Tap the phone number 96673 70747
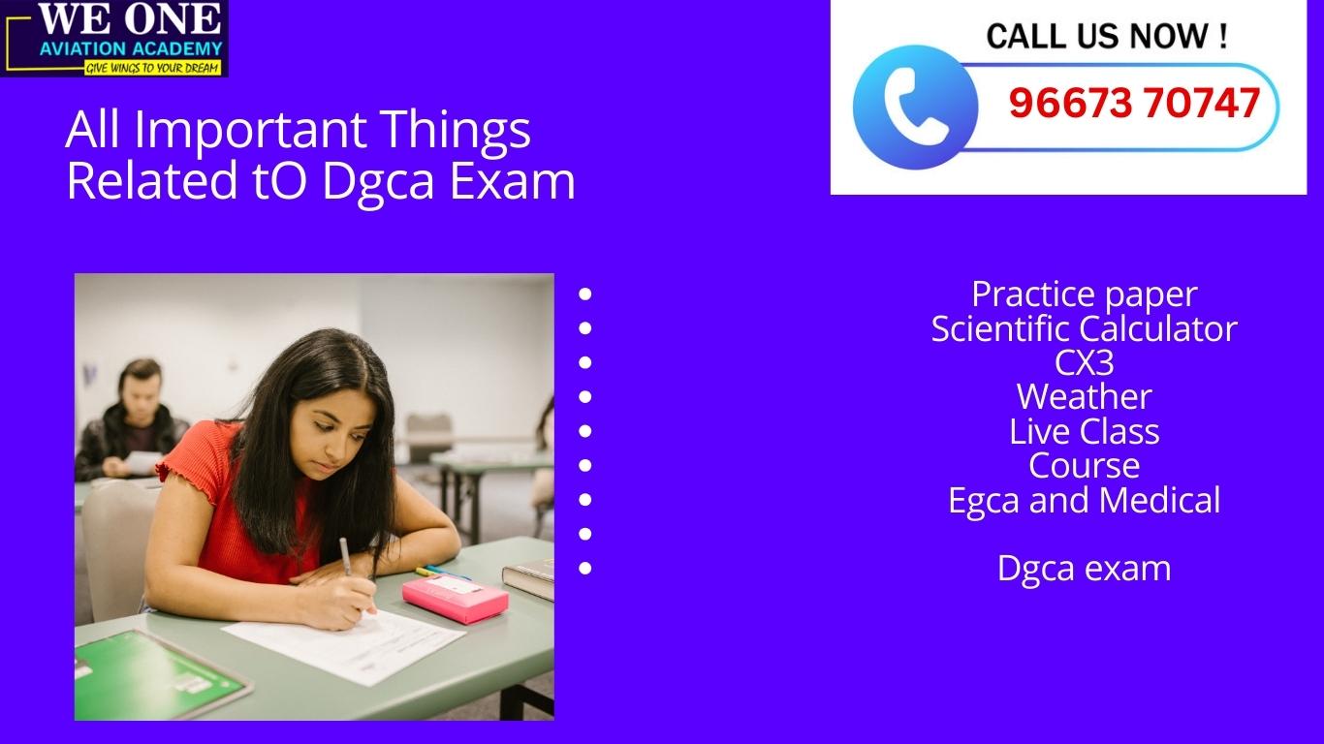(1134, 104)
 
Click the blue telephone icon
(915, 107)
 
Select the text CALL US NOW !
(1107, 37)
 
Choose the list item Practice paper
(1084, 294)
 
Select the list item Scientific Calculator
(1084, 328)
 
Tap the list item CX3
(1084, 362)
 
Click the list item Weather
(1084, 396)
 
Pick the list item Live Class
(1084, 431)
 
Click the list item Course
(1084, 465)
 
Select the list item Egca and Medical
(1084, 500)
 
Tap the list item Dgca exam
(1084, 568)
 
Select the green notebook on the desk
(155, 673)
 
